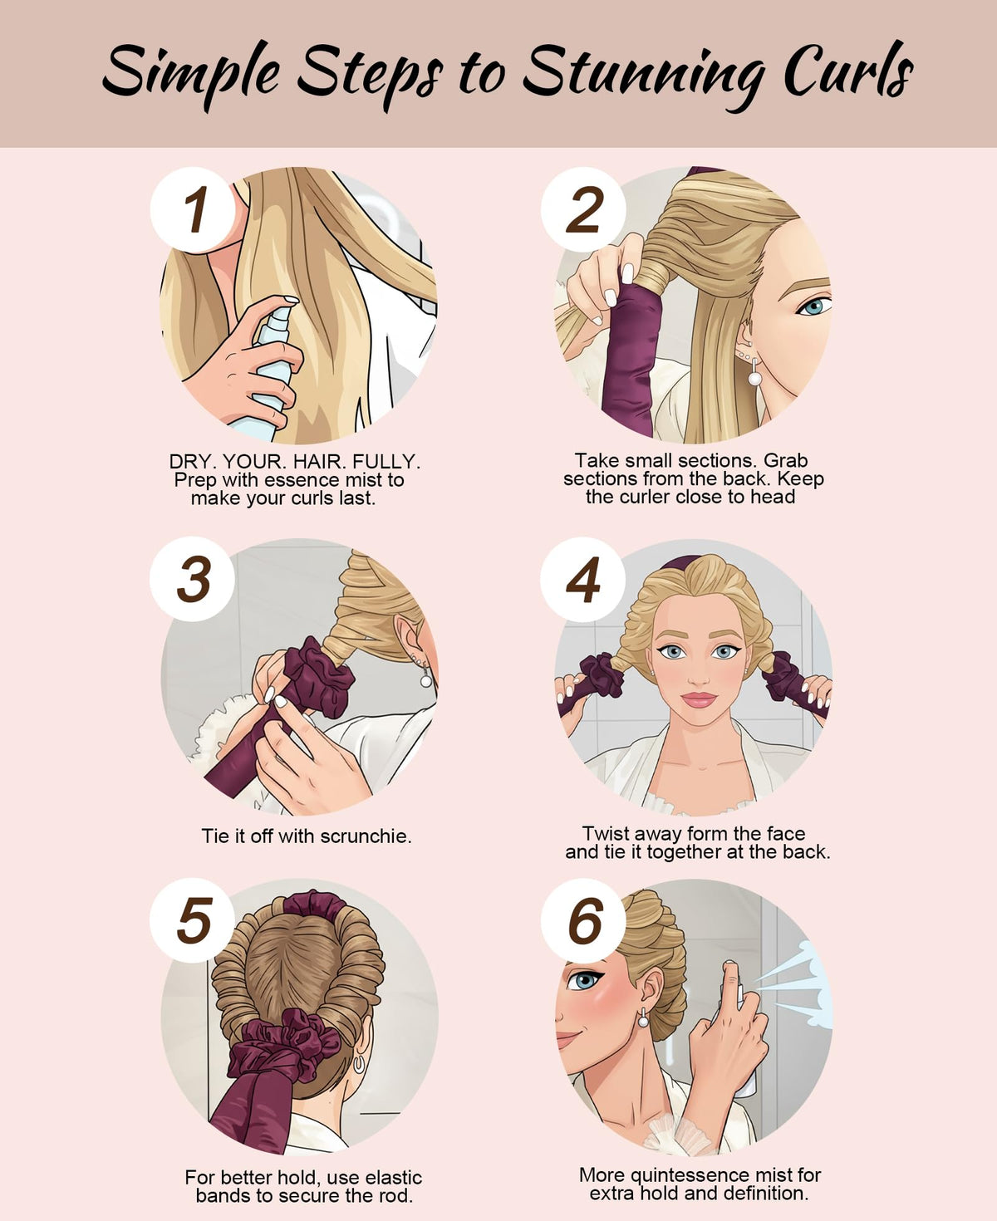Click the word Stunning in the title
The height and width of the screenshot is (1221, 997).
(644, 75)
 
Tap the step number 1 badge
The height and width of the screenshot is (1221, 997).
(194, 209)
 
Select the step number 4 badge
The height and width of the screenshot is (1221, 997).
(583, 580)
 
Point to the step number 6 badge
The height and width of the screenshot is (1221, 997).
(583, 920)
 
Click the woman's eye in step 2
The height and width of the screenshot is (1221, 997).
(814, 306)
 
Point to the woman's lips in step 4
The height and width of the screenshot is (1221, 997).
(699, 699)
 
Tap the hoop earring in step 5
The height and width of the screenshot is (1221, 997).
(359, 1063)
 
